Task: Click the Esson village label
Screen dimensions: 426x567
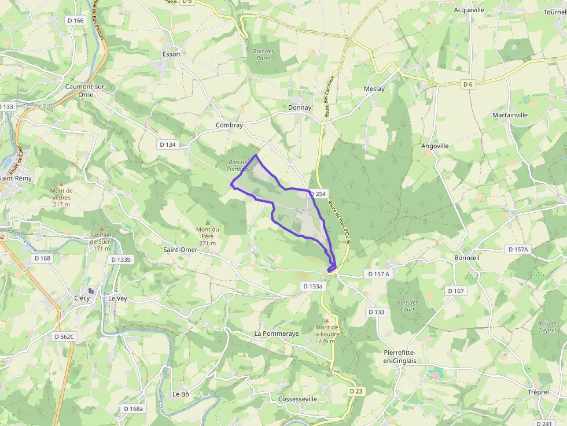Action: tap(171, 54)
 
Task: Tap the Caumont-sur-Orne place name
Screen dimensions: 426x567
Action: tap(87, 90)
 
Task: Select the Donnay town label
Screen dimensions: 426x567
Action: tap(300, 108)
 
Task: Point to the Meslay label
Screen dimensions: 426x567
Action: tap(374, 89)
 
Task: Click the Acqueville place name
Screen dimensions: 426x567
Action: tap(469, 10)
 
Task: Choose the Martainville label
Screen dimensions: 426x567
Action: tap(510, 115)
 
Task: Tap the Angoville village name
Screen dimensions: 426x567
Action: tap(435, 146)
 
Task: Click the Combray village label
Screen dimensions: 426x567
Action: tap(229, 125)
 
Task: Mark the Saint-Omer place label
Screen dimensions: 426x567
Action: tap(180, 250)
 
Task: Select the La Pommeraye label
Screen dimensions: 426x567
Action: tap(277, 334)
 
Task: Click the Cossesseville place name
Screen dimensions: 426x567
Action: tap(297, 399)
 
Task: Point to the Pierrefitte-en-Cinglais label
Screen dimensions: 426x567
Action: tap(400, 357)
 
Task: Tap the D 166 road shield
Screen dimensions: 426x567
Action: tap(75, 21)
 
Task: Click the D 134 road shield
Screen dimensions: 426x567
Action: tap(167, 145)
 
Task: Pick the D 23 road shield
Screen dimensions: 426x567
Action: tap(356, 391)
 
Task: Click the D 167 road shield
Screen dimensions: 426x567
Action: tap(456, 291)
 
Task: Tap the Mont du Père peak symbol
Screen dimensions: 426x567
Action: tap(208, 223)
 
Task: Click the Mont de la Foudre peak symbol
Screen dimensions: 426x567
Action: tap(327, 320)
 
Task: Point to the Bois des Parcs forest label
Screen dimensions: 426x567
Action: tap(264, 55)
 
